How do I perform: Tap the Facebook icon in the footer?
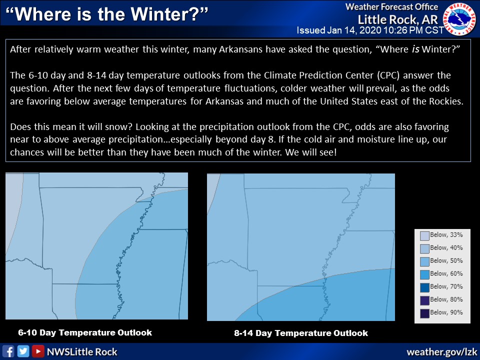[8, 351]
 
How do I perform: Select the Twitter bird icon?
[23, 351]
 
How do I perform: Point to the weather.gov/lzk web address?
[441, 352]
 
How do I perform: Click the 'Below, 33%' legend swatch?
[424, 236]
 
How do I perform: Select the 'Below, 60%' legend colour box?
[424, 275]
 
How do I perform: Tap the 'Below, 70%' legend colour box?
[424, 288]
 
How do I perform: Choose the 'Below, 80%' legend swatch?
[424, 300]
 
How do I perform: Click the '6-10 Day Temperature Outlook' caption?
[85, 333]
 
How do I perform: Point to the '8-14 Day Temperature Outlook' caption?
[301, 333]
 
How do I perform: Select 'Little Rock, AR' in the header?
[398, 19]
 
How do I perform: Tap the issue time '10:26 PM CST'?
[414, 30]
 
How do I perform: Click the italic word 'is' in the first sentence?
[415, 49]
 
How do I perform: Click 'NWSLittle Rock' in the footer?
[82, 351]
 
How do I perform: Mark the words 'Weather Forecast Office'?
[392, 6]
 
